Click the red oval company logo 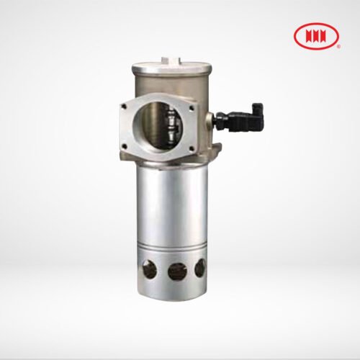[316, 35]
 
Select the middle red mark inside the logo [316, 35]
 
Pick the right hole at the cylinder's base [199, 269]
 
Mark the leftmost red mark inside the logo [305, 35]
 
